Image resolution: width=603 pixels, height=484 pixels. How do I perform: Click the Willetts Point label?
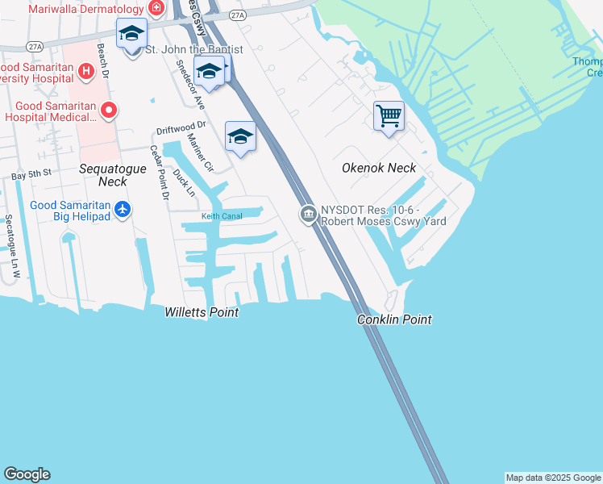(202, 312)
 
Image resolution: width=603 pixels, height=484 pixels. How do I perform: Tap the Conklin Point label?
(394, 320)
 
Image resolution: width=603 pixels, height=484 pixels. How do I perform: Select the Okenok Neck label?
(379, 168)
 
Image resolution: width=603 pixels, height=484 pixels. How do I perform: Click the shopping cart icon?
(389, 115)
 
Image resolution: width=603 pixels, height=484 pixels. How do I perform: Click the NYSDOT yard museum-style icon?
(307, 214)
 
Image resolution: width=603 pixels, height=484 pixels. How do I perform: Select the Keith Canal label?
(221, 216)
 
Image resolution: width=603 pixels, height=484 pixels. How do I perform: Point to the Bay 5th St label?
(31, 173)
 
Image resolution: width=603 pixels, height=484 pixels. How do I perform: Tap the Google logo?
(27, 474)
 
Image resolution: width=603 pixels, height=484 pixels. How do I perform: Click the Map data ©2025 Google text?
(552, 478)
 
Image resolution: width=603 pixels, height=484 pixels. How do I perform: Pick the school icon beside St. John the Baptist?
(131, 34)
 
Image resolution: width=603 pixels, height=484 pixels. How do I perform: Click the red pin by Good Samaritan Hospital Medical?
(108, 110)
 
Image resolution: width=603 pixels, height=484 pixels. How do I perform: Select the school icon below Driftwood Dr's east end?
(240, 136)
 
